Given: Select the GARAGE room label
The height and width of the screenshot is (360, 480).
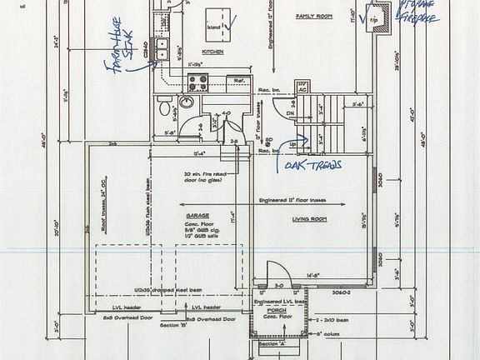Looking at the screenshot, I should pos(197,215).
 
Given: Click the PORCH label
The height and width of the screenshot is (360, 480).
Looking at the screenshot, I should pos(277,310).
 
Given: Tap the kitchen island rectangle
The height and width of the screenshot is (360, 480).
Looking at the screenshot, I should pos(221,17).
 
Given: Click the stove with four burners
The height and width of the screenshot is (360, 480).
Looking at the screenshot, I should pos(199,82).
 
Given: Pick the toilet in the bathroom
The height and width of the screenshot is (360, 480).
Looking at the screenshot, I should pos(164,107).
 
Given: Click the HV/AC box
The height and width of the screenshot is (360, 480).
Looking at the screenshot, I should pos(304,87).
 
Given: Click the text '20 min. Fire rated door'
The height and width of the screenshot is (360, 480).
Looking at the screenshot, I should pos(207,177).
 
